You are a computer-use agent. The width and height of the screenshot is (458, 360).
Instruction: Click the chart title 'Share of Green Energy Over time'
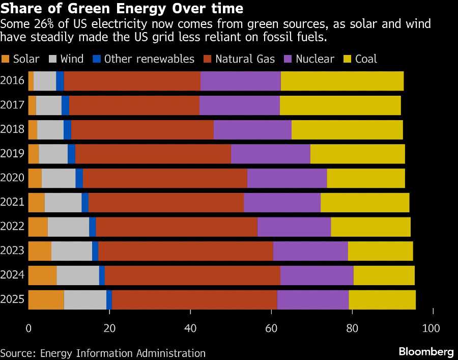pyautogui.click(x=122, y=9)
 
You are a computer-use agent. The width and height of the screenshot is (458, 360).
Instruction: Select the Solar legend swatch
pyautogui.click(x=6, y=59)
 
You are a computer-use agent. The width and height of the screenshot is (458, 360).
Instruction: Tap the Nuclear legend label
pyautogui.click(x=315, y=59)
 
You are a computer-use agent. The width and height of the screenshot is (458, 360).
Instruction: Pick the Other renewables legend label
pyautogui.click(x=149, y=59)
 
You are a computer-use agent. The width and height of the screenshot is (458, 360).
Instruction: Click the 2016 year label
pyautogui.click(x=13, y=81)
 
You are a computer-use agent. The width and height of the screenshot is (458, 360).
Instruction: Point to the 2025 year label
pyautogui.click(x=13, y=299)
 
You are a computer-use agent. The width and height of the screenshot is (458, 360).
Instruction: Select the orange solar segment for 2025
pyautogui.click(x=46, y=299)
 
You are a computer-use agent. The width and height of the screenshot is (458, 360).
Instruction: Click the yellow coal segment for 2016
pyautogui.click(x=342, y=81)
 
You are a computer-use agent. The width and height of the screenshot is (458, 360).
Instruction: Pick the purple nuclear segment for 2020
pyautogui.click(x=287, y=178)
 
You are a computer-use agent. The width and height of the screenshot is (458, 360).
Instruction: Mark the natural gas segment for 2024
pyautogui.click(x=192, y=275)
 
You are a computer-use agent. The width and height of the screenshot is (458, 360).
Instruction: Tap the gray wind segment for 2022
pyautogui.click(x=68, y=227)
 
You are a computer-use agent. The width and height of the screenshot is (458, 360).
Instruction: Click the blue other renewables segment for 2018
pyautogui.click(x=67, y=129)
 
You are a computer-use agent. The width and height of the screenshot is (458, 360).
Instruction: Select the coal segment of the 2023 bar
pyautogui.click(x=380, y=251)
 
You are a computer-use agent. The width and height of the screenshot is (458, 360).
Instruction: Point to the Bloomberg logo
pyautogui.click(x=425, y=352)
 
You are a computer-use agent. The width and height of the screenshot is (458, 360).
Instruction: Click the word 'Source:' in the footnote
pyautogui.click(x=16, y=353)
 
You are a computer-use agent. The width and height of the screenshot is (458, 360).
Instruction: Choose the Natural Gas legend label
pyautogui.click(x=245, y=59)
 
